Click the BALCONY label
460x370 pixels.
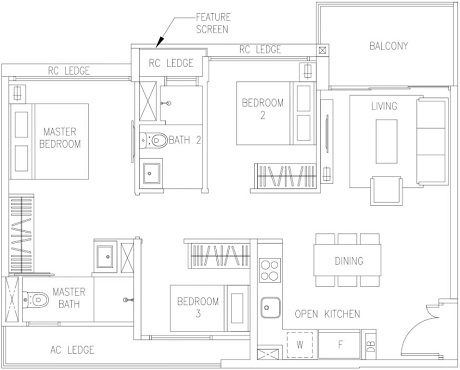[x=389, y=46]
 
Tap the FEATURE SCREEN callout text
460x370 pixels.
[x=213, y=23]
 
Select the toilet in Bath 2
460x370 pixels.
[x=153, y=140]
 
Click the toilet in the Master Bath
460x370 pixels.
[x=36, y=300]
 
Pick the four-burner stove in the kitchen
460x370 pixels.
[x=270, y=270]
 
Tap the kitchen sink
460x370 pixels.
[x=270, y=307]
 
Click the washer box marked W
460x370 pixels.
[x=300, y=345]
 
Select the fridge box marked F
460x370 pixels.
[x=339, y=344]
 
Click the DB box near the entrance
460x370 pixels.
[x=369, y=346]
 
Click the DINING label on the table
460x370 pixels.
[x=349, y=261]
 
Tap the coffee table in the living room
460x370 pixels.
[x=387, y=141]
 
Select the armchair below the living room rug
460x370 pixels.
[x=386, y=190]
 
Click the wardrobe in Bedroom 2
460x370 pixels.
[x=285, y=176]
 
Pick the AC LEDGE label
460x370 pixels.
[x=72, y=350]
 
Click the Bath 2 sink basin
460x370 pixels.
[x=151, y=173]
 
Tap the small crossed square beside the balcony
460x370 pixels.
[x=322, y=51]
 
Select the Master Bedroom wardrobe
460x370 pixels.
[x=21, y=234]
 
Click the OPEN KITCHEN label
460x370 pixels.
[x=327, y=314]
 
